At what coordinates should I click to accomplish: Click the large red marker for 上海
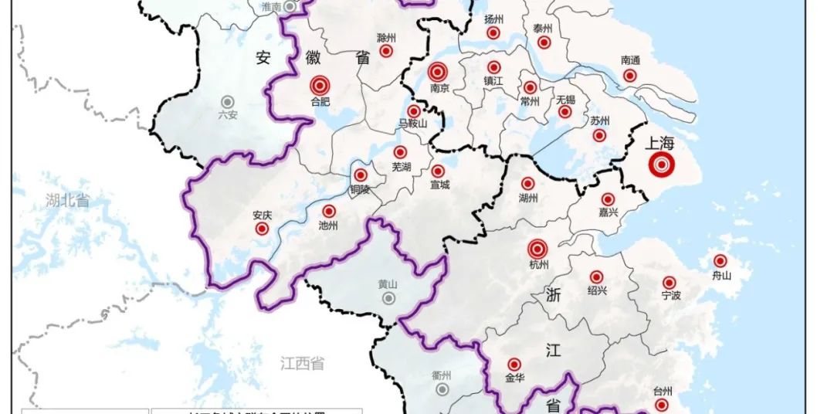pyautogui.click(x=661, y=165)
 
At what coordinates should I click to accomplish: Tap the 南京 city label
pyautogui.click(x=439, y=89)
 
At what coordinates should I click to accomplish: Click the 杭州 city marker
pyautogui.click(x=538, y=249)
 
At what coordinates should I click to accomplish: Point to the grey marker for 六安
pyautogui.click(x=228, y=101)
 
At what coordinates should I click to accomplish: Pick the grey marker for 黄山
pyautogui.click(x=388, y=297)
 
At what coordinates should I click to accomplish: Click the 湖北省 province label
pyautogui.click(x=67, y=201)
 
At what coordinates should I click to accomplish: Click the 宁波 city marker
pyautogui.click(x=670, y=283)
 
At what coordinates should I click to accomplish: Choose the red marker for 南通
pyautogui.click(x=630, y=75)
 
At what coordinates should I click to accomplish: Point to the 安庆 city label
pyautogui.click(x=262, y=215)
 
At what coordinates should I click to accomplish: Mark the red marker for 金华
pyautogui.click(x=514, y=365)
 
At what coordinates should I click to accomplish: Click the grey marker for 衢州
pyautogui.click(x=442, y=389)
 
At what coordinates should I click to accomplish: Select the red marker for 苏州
pyautogui.click(x=599, y=135)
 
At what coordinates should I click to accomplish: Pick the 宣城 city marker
pyautogui.click(x=438, y=171)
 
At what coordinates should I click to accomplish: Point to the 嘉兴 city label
pyautogui.click(x=609, y=212)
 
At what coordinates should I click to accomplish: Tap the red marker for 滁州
pyautogui.click(x=387, y=51)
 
